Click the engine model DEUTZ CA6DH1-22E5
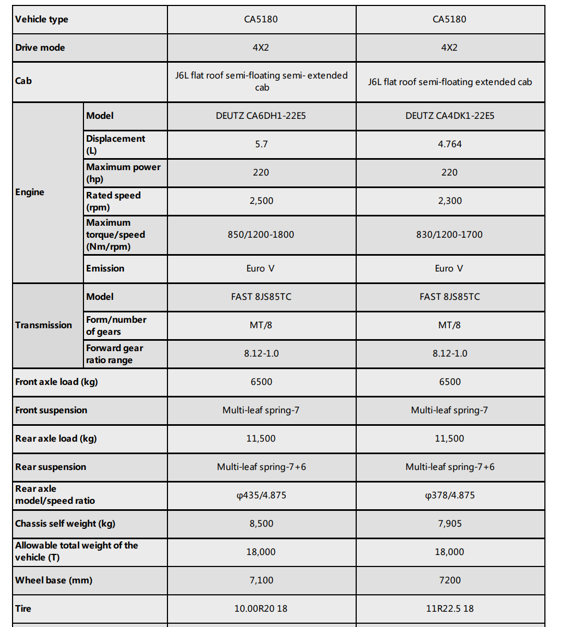tap(261, 116)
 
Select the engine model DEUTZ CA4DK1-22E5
tap(450, 116)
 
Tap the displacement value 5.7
tap(261, 144)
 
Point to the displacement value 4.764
tap(450, 144)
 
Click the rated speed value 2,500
tap(261, 201)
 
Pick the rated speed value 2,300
tap(450, 201)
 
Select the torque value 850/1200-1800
tap(261, 234)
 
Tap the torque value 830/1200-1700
tap(450, 234)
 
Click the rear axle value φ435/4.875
tap(261, 495)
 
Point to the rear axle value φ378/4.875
tap(450, 495)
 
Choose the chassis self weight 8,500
tap(261, 523)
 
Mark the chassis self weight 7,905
tap(450, 523)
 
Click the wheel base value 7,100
tap(261, 580)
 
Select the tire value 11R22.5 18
tap(450, 608)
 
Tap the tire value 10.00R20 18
tap(261, 608)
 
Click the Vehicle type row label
tap(42, 20)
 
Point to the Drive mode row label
tap(40, 48)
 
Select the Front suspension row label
tap(51, 410)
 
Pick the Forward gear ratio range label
tap(115, 354)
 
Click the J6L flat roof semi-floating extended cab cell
tap(450, 82)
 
